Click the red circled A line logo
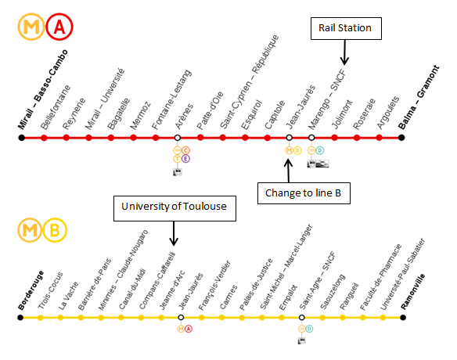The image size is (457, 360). tap(59, 27)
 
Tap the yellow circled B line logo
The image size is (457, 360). tap(55, 230)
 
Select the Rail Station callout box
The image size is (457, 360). tap(346, 28)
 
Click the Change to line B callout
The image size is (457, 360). tap(304, 193)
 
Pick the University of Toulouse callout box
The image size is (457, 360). tap(175, 208)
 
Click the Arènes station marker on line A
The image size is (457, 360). tap(177, 138)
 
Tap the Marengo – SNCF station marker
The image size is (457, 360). tap(311, 138)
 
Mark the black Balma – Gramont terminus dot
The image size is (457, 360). tap(401, 138)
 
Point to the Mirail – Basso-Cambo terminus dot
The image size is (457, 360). tap(22, 138)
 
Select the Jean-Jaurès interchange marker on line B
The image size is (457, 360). tap(181, 317)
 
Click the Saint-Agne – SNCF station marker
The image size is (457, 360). tap(301, 317)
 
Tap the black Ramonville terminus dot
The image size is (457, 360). tap(403, 317)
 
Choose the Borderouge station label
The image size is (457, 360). tap(31, 290)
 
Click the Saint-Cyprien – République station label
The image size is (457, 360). tap(250, 81)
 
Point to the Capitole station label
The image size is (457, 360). tap(275, 114)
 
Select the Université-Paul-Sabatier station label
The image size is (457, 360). tap(403, 274)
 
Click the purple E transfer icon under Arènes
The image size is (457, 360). tap(185, 159)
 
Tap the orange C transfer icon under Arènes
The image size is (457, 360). tap(185, 150)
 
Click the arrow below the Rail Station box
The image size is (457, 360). tap(344, 52)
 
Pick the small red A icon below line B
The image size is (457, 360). tap(189, 329)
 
